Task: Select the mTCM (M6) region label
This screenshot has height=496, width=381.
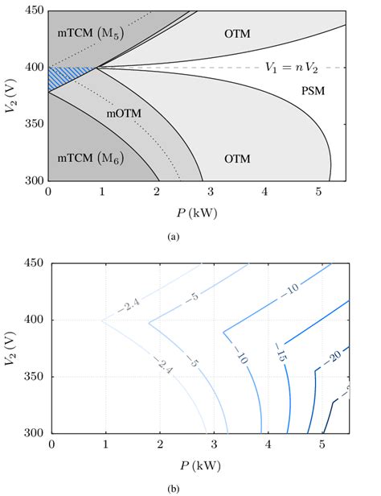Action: click(x=87, y=159)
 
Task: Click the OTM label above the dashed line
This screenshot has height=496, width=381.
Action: click(x=238, y=35)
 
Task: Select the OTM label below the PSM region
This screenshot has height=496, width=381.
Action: click(x=238, y=159)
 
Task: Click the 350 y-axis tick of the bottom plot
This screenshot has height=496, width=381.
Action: click(x=35, y=376)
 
